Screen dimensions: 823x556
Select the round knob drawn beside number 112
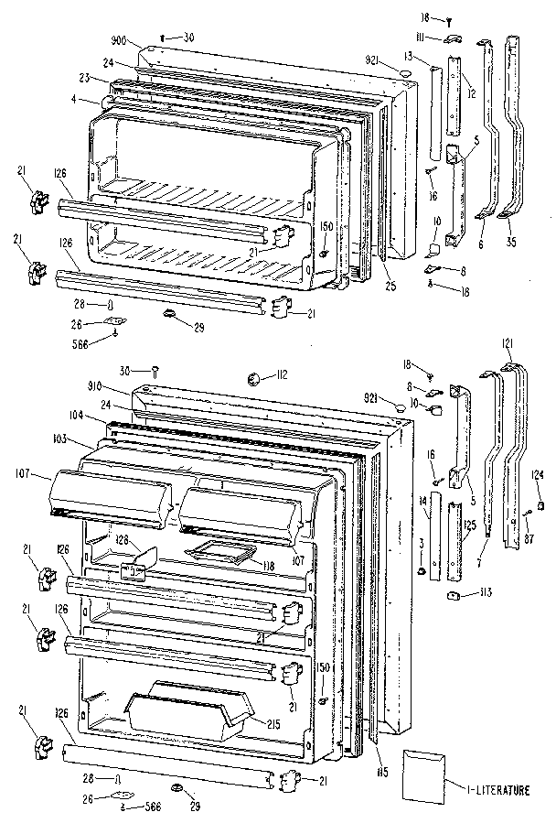(256, 377)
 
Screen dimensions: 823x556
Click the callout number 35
(509, 244)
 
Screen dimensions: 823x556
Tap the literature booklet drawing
(422, 772)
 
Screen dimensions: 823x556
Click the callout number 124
(539, 473)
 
